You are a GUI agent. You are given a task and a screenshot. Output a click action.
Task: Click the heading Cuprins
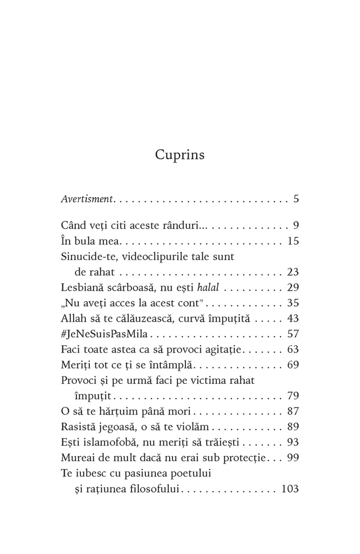[180, 155]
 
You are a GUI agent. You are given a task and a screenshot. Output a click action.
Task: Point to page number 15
[293, 241]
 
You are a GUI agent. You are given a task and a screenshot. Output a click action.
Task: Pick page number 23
[293, 272]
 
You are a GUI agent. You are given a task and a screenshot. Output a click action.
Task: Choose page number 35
[293, 303]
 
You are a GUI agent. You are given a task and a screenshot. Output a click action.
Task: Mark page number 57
[293, 334]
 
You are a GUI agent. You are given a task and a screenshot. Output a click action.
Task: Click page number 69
[293, 365]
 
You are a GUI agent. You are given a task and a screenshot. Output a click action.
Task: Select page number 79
[293, 396]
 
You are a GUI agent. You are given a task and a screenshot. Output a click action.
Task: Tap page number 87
[293, 411]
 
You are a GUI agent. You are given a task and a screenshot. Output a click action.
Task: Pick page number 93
[293, 442]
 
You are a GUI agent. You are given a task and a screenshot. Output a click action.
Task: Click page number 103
[290, 489]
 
